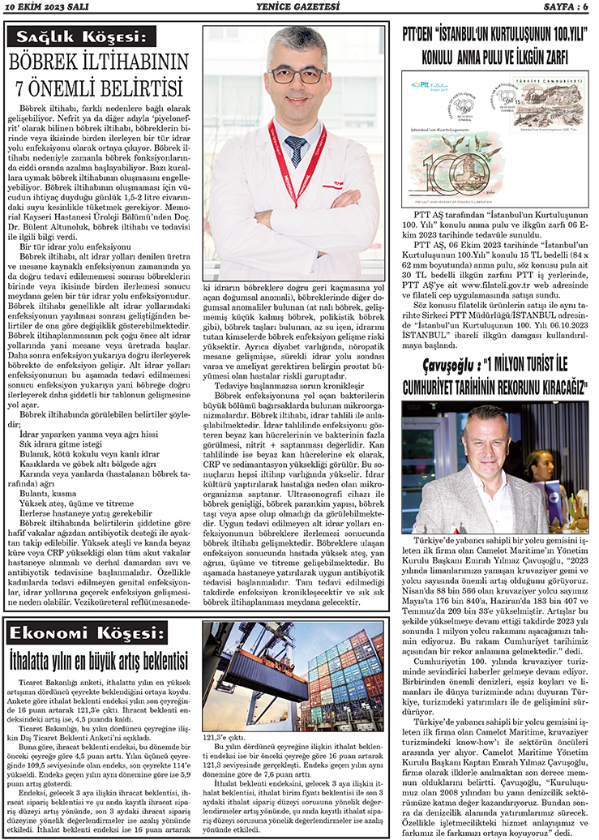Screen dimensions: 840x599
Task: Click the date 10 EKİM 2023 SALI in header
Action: (47, 7)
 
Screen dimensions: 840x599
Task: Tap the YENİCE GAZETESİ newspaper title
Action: (300, 7)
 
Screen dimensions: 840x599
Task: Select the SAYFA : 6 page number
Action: (559, 7)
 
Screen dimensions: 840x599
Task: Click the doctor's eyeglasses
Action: (297, 75)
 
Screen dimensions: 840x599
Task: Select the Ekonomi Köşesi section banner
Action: (84, 632)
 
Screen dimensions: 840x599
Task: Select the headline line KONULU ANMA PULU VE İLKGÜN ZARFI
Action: (494, 58)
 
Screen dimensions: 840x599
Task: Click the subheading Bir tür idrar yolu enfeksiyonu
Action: (58, 246)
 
